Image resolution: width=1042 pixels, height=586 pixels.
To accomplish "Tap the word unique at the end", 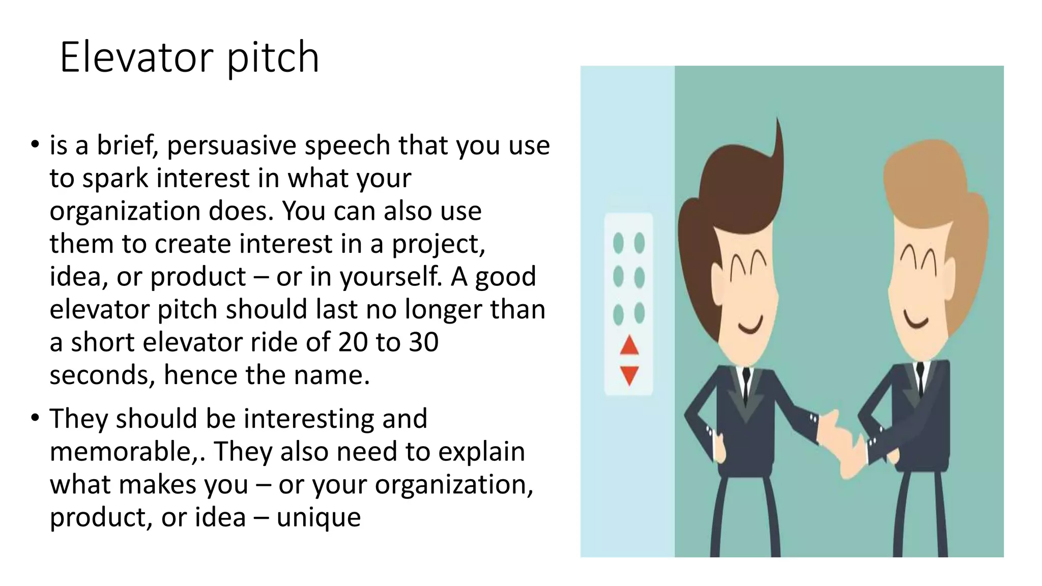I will (x=319, y=518).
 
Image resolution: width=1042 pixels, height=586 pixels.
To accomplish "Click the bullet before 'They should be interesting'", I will (x=35, y=419).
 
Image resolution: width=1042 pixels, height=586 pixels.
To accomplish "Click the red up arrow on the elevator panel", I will (x=629, y=346).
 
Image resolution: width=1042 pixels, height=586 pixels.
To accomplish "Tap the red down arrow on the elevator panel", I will (x=629, y=375).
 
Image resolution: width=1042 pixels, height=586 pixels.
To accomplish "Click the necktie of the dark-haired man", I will (x=746, y=387).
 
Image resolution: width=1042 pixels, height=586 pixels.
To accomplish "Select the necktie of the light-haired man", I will (x=920, y=379).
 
